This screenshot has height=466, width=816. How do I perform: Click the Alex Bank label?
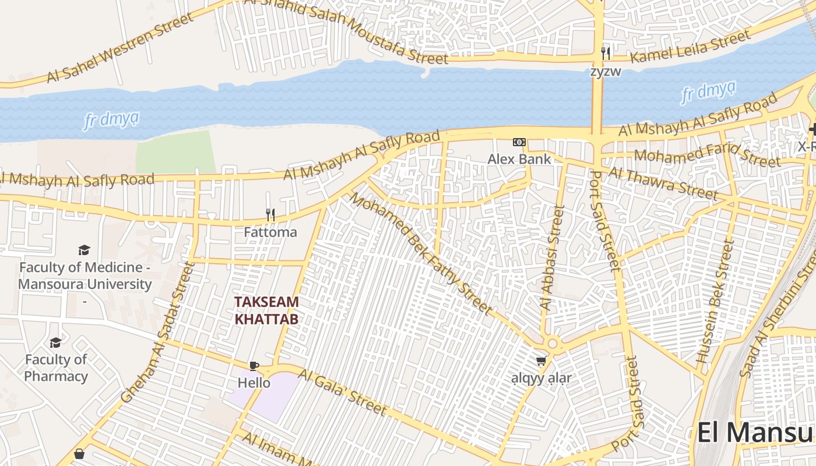click(519, 159)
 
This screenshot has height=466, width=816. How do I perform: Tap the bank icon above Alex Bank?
click(519, 142)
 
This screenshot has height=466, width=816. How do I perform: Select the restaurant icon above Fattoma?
click(270, 215)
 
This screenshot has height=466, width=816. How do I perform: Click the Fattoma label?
click(270, 232)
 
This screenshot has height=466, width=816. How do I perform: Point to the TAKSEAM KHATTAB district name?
click(266, 310)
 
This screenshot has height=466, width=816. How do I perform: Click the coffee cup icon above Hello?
click(254, 366)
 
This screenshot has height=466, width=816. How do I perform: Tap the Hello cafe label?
click(254, 383)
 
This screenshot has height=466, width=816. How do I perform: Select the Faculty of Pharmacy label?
click(56, 368)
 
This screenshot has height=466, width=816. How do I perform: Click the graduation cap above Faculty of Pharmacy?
click(55, 343)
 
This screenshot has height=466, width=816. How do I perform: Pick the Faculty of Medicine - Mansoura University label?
click(85, 276)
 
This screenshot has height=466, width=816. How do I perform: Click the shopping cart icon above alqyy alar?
click(541, 361)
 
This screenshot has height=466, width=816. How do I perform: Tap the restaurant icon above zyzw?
click(606, 54)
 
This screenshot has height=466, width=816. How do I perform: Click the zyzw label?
click(606, 72)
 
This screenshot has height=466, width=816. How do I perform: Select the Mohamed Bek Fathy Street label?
click(420, 253)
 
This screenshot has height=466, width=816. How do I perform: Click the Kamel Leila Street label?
click(691, 47)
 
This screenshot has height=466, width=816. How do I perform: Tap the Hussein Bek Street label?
click(716, 303)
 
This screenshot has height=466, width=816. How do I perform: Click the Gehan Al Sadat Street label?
click(157, 332)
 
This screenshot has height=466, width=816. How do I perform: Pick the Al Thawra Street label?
click(663, 182)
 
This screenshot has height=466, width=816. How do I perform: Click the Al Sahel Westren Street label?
click(119, 47)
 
